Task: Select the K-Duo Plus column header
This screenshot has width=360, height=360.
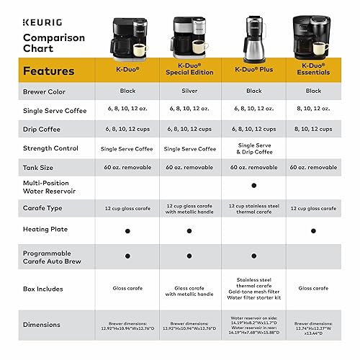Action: click(x=253, y=72)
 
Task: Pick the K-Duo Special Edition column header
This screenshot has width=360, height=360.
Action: click(x=191, y=72)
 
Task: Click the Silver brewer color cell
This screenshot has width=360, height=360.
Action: click(x=190, y=91)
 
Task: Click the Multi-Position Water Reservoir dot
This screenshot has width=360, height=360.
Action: click(x=253, y=185)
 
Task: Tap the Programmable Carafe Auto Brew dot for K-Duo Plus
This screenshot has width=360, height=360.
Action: click(x=253, y=256)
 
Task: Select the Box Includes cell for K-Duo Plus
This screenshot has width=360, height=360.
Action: click(x=253, y=287)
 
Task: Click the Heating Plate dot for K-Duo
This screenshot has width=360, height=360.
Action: click(x=127, y=231)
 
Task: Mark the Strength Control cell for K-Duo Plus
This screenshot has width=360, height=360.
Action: click(x=253, y=148)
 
